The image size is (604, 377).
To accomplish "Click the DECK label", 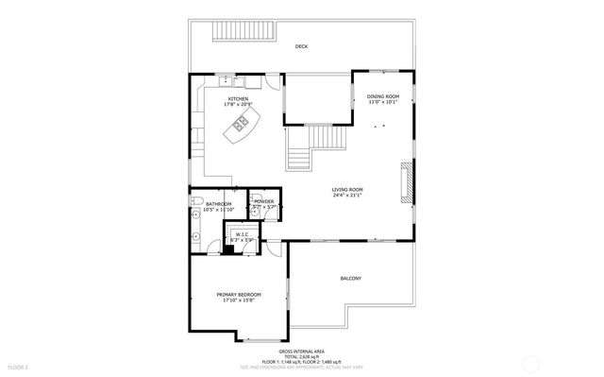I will point(301,46).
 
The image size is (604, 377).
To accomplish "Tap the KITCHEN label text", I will point(238,97).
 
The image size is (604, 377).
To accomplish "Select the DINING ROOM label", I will point(383,96).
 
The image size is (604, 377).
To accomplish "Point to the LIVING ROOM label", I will point(347,190).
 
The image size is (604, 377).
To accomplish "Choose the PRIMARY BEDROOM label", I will point(239,295).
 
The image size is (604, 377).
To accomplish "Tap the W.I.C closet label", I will point(242,233).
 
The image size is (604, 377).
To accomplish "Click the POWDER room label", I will point(264,201).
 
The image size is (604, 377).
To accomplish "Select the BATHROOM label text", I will point(218,203).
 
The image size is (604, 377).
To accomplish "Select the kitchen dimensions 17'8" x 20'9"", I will point(238,104).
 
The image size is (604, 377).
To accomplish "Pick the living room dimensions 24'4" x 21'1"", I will point(347,197).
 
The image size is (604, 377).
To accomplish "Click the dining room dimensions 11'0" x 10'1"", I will point(383,103).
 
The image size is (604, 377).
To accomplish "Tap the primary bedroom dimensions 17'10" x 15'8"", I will point(239,301).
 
